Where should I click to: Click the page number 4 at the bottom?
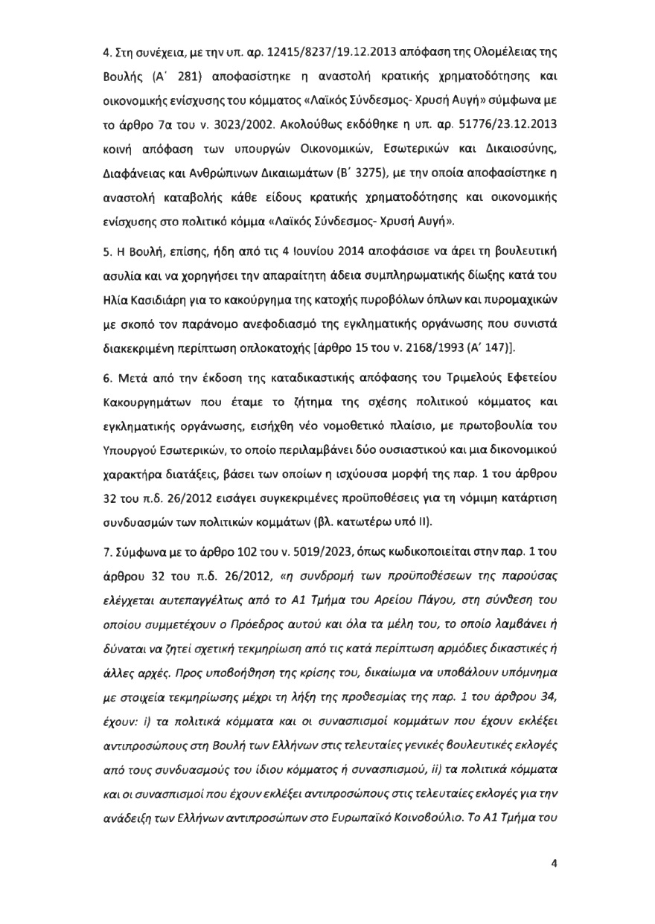pos(553,863)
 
